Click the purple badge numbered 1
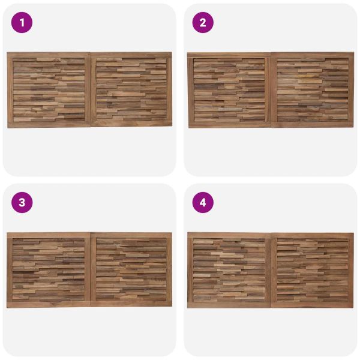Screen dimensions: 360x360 click(22, 23)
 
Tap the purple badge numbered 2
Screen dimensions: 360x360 click(203, 23)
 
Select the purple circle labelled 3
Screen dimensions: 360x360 click(22, 203)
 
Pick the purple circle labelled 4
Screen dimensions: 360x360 click(203, 203)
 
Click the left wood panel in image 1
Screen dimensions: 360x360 click(49, 90)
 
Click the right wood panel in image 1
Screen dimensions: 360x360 click(131, 89)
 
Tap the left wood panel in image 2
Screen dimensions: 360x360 click(229, 90)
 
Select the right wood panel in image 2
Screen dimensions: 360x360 click(313, 90)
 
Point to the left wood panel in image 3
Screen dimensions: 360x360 click(49, 270)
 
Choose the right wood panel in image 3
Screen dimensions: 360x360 click(131, 269)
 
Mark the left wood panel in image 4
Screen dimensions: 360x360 click(229, 270)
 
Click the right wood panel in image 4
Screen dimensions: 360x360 click(313, 270)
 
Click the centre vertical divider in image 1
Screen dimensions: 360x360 click(91, 89)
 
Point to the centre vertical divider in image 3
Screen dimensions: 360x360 click(91, 270)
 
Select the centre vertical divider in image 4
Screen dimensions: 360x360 click(271, 270)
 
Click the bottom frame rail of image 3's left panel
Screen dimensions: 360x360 click(49, 305)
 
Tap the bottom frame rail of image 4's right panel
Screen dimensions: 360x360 click(313, 305)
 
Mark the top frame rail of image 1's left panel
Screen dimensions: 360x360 click(49, 55)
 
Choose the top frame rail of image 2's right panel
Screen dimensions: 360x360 click(313, 55)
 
